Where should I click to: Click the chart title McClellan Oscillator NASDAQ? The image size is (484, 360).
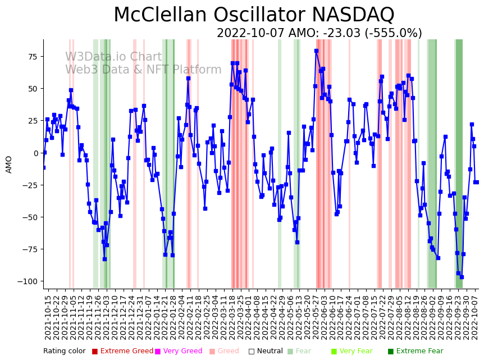(254, 15)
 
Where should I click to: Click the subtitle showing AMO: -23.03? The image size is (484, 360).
(319, 33)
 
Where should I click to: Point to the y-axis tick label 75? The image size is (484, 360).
(31, 57)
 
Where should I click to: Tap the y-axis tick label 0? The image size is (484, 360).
(35, 153)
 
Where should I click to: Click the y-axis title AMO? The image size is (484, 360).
(9, 164)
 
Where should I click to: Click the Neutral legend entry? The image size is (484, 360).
(263, 352)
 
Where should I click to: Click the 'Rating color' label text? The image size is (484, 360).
(64, 352)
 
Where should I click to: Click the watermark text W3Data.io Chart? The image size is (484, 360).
(113, 57)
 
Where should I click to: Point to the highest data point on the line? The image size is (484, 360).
(316, 51)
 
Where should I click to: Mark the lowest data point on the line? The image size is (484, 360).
(462, 277)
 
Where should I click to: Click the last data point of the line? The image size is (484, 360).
(477, 182)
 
